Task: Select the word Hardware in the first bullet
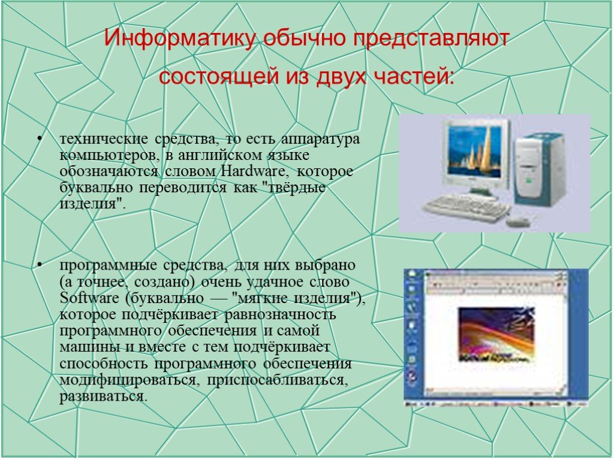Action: tap(254, 171)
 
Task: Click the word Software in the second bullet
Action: tap(89, 298)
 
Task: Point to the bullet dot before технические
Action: tap(39, 138)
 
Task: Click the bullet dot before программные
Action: tap(39, 264)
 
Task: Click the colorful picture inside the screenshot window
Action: tap(496, 334)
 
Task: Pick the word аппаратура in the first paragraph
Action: tap(320, 139)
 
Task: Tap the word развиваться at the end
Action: tap(103, 397)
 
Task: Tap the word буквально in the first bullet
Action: tap(97, 187)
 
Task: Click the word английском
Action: tap(221, 156)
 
